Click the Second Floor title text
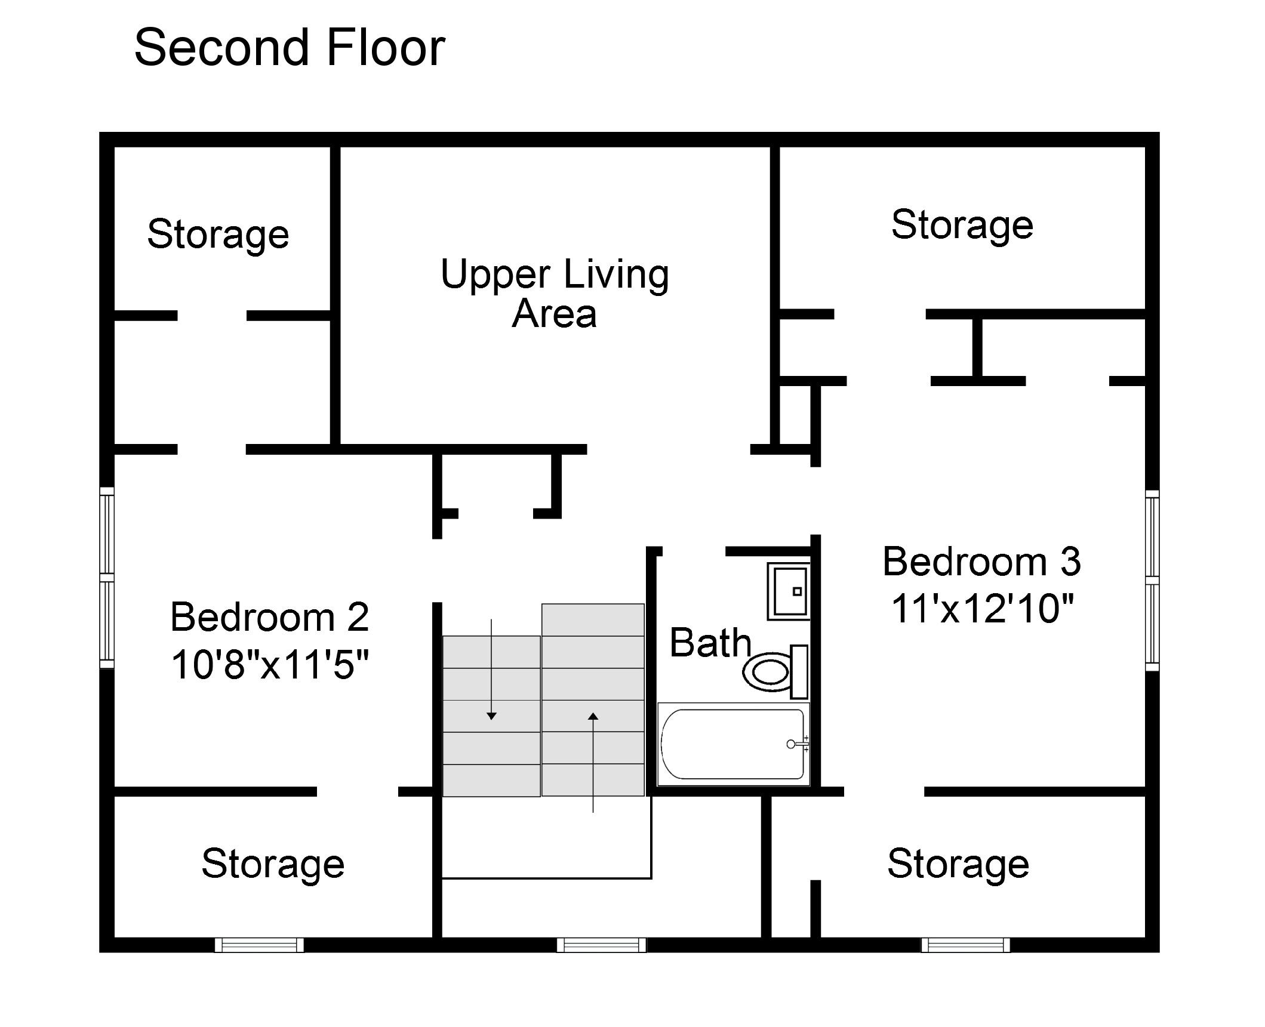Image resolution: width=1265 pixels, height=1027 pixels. click(290, 47)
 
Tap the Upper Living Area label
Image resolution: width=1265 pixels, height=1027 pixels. click(555, 293)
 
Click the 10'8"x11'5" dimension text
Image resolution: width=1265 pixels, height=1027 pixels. click(270, 664)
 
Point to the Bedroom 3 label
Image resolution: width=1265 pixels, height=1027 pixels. click(982, 562)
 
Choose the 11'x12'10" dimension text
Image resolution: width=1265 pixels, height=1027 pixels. click(982, 608)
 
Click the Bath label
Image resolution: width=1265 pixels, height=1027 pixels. click(710, 643)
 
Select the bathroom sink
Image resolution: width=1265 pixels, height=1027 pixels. click(788, 591)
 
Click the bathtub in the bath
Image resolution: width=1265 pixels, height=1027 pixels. click(733, 744)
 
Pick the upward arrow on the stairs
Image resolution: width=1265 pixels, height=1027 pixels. click(593, 762)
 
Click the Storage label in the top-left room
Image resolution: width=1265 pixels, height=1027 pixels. click(218, 235)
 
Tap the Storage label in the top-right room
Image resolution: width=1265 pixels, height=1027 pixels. click(962, 226)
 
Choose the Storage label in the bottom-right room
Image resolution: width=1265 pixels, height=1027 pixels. click(958, 864)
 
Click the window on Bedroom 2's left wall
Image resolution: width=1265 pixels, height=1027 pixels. click(106, 578)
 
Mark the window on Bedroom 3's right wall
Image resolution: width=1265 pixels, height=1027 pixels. click(1152, 580)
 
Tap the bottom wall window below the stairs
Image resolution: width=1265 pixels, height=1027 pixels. click(602, 945)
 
